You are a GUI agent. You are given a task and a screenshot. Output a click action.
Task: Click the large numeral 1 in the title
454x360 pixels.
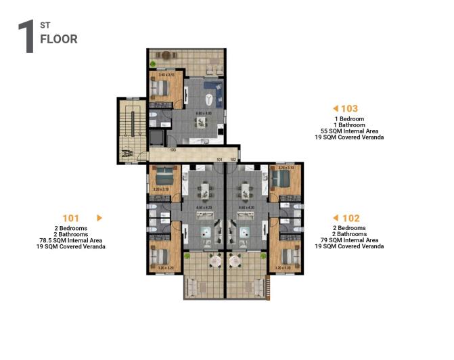click(27, 37)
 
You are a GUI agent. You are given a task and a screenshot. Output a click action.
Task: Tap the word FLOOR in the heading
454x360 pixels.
click(59, 39)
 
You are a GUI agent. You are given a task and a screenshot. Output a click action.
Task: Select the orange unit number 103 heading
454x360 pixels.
click(349, 108)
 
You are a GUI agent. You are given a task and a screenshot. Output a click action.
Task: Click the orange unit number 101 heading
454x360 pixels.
click(71, 218)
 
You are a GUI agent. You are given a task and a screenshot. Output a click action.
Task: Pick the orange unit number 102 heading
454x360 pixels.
click(350, 218)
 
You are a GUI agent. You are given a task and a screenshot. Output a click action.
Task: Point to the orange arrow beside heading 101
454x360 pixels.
click(99, 218)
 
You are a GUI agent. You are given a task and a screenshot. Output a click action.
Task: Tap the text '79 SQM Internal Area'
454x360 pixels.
click(349, 240)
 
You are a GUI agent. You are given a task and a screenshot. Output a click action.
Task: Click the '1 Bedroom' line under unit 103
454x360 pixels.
click(349, 119)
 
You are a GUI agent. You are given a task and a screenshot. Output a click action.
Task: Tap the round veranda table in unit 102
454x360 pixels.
click(236, 260)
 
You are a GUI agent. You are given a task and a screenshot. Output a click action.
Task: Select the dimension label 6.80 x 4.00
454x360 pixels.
click(204, 113)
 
